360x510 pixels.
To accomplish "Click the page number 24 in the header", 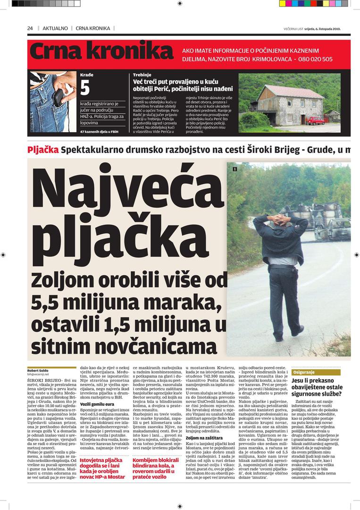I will click(x=30, y=28).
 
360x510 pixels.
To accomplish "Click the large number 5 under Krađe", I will click(x=85, y=88).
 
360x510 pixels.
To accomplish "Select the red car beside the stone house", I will click(x=316, y=120).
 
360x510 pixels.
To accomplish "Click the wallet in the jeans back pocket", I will click(x=58, y=97).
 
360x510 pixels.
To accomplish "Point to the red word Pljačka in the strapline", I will click(x=43, y=150).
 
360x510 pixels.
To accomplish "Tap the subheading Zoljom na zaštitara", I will click(x=204, y=438).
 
